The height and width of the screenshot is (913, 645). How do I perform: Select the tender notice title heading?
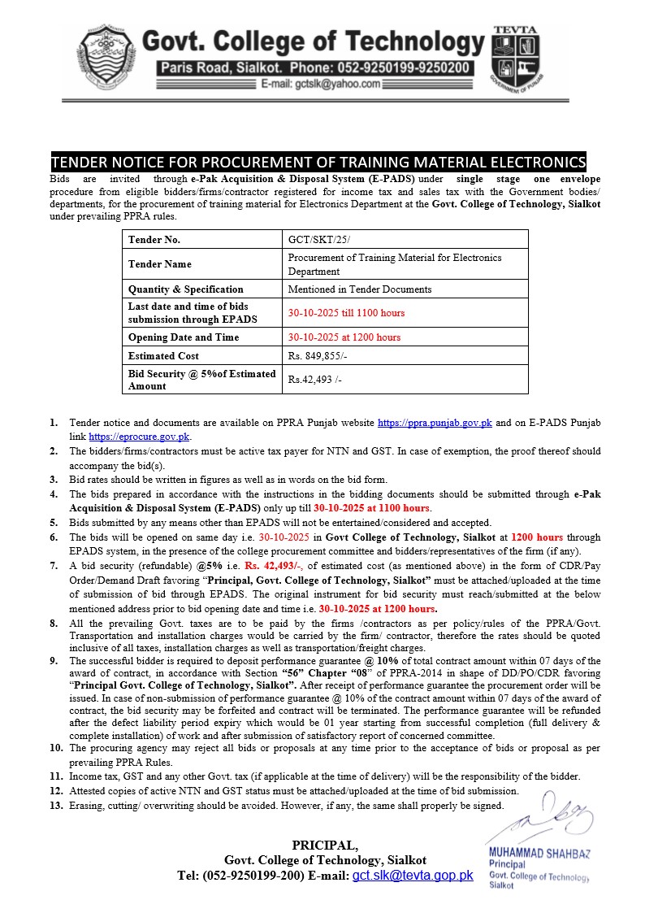tap(318, 161)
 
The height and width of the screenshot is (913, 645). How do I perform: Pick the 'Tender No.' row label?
tap(154, 240)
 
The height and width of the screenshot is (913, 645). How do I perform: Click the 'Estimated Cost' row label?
tap(163, 355)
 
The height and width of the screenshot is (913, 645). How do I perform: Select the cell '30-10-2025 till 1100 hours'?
tap(346, 312)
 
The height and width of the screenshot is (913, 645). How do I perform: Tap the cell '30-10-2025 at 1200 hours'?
tap(344, 337)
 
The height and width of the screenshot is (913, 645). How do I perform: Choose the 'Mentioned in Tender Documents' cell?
tap(360, 289)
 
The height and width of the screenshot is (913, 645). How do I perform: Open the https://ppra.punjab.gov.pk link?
tap(435, 424)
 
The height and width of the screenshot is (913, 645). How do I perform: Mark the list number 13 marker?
tap(55, 806)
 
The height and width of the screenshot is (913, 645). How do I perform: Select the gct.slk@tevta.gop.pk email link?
tap(412, 876)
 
